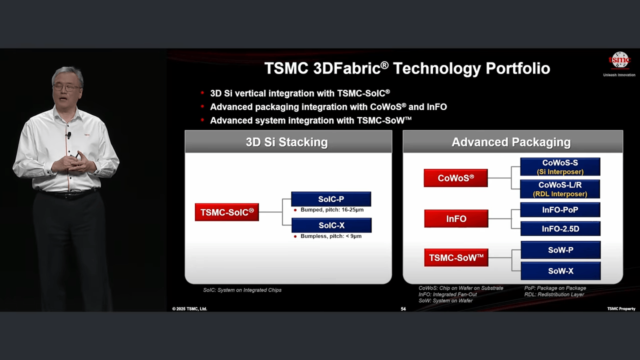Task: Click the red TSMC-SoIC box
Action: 227,212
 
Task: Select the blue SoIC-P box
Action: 331,199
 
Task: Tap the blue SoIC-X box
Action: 331,225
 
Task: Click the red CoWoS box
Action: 455,178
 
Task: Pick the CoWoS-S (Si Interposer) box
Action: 560,167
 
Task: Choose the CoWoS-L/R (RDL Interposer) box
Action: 560,189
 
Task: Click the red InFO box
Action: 456,218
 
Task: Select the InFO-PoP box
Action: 560,210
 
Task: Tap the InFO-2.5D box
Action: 560,229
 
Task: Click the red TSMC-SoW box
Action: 456,257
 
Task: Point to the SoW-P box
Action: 560,250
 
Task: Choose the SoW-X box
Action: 560,271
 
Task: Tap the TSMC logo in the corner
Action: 619,60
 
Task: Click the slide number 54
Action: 403,309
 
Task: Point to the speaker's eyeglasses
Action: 67,87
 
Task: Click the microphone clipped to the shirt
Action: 69,134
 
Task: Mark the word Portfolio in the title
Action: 518,68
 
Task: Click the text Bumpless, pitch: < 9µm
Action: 331,236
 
